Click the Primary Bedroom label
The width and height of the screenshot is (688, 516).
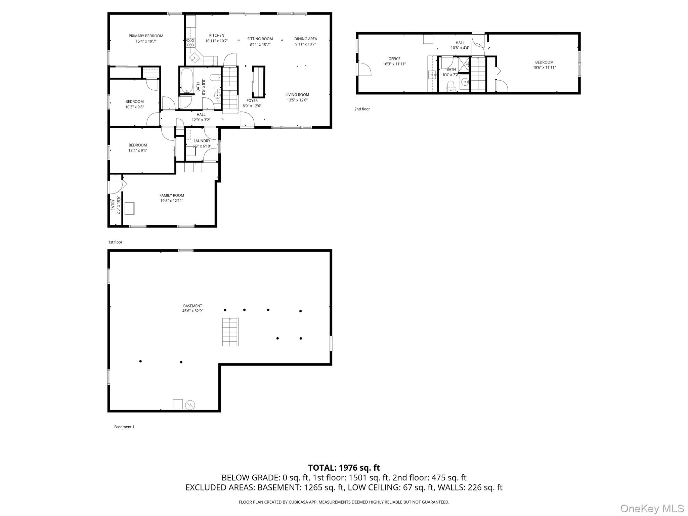click(146, 36)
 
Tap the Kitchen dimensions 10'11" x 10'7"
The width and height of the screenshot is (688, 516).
click(217, 41)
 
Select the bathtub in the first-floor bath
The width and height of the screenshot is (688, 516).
click(186, 81)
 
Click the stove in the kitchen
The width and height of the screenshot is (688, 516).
click(190, 43)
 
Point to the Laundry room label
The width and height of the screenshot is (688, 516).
click(202, 141)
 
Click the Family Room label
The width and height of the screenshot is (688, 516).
click(171, 195)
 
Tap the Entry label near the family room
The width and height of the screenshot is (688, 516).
click(113, 205)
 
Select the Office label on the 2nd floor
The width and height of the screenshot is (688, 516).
click(394, 59)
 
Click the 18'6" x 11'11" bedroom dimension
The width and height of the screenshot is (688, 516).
click(544, 68)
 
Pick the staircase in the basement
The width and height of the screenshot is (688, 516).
click(230, 332)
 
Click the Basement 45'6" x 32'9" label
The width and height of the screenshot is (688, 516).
click(192, 308)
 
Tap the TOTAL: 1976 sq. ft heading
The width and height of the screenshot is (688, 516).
click(344, 468)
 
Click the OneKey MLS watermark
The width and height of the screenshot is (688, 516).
click(652, 508)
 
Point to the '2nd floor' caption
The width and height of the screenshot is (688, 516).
click(362, 109)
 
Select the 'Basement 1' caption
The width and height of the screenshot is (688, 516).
click(124, 427)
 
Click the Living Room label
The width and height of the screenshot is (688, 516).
click(297, 95)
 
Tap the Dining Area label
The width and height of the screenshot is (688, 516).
click(305, 39)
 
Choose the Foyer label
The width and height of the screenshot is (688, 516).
click(252, 100)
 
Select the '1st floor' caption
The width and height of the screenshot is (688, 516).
click(115, 242)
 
